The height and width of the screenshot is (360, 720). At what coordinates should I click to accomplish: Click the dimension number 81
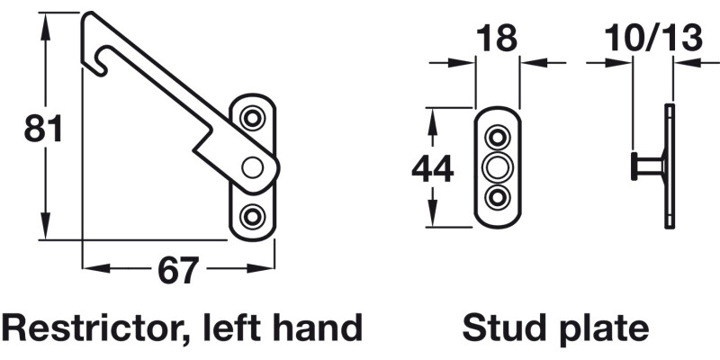[43, 130]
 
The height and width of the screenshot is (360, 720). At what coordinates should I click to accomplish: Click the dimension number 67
[177, 270]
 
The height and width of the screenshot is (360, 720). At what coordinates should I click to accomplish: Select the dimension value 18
[498, 39]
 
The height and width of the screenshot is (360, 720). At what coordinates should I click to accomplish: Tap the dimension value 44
[432, 168]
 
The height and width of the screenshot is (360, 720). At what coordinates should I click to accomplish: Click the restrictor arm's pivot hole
[253, 166]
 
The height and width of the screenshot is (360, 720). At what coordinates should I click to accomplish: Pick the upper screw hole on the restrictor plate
[254, 118]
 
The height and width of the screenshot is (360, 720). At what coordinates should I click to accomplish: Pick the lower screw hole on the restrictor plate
[254, 215]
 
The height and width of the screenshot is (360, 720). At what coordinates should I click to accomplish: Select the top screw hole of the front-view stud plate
[498, 138]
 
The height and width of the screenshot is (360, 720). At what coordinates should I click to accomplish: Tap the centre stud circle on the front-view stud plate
[498, 167]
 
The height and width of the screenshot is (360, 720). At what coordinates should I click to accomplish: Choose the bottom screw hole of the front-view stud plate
[498, 197]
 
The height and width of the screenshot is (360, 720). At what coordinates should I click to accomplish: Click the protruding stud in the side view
[646, 166]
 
